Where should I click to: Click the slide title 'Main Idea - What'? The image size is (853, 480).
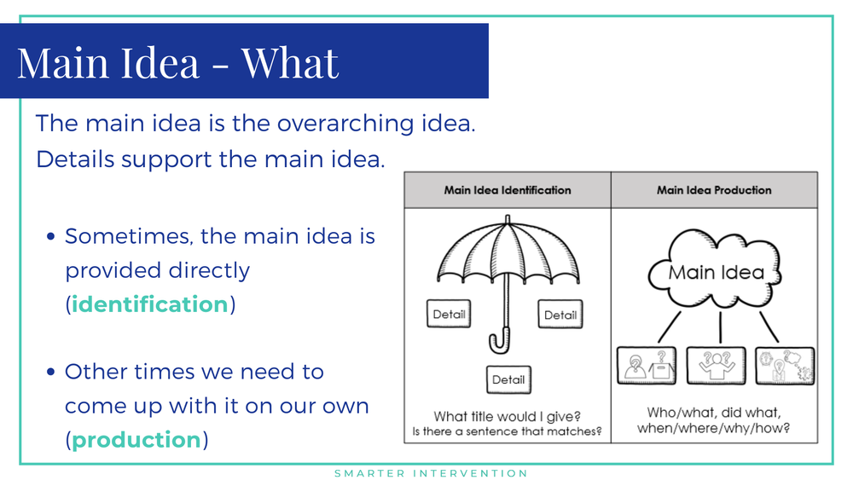tap(178, 62)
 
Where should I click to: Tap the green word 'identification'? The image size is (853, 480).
tap(150, 304)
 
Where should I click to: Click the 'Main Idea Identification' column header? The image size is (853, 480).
tap(508, 190)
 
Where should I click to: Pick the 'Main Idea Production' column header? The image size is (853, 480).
tap(714, 190)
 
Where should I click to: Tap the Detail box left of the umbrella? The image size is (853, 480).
tap(449, 315)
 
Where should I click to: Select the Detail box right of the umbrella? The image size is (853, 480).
tap(560, 315)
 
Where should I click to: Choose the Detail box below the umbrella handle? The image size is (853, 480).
tap(508, 379)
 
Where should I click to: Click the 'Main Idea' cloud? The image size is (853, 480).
tap(715, 272)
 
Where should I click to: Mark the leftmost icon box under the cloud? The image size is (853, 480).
tap(647, 366)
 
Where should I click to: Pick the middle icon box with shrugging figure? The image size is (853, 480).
tap(715, 366)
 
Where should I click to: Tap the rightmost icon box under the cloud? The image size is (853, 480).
tap(785, 366)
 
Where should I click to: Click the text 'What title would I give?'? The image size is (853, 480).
tap(508, 416)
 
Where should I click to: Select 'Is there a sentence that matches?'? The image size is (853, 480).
tap(508, 431)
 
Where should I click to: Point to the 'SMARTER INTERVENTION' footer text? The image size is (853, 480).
tap(431, 473)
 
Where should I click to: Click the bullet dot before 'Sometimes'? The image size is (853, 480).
tap(51, 237)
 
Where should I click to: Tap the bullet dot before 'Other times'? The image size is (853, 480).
tap(51, 373)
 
